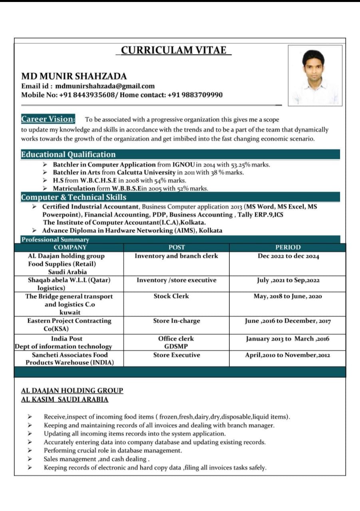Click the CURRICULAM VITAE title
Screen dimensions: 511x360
pyautogui.click(x=174, y=50)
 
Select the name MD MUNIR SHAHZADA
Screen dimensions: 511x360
pyautogui.click(x=74, y=76)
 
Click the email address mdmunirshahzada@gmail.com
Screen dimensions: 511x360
pyautogui.click(x=105, y=86)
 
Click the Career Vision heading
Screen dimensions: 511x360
pyautogui.click(x=48, y=119)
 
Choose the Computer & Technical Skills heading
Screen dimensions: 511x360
pyautogui.click(x=74, y=197)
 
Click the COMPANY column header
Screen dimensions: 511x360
pyautogui.click(x=70, y=248)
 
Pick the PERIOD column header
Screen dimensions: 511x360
pyautogui.click(x=288, y=248)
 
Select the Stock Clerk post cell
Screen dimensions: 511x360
pyautogui.click(x=171, y=296)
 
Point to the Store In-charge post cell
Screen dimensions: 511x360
pyautogui.click(x=176, y=321)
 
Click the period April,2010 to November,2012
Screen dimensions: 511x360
pyautogui.click(x=287, y=355)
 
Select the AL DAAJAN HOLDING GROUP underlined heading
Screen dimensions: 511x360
pyautogui.click(x=72, y=390)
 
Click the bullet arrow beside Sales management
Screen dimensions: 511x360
pyautogui.click(x=30, y=459)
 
